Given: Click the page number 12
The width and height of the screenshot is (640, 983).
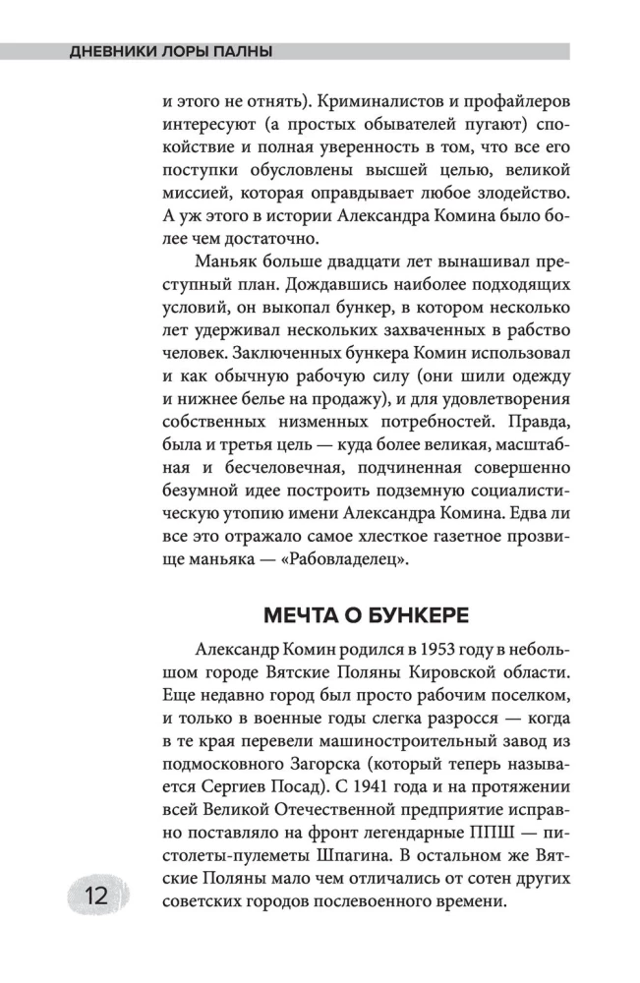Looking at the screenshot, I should (95, 897).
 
